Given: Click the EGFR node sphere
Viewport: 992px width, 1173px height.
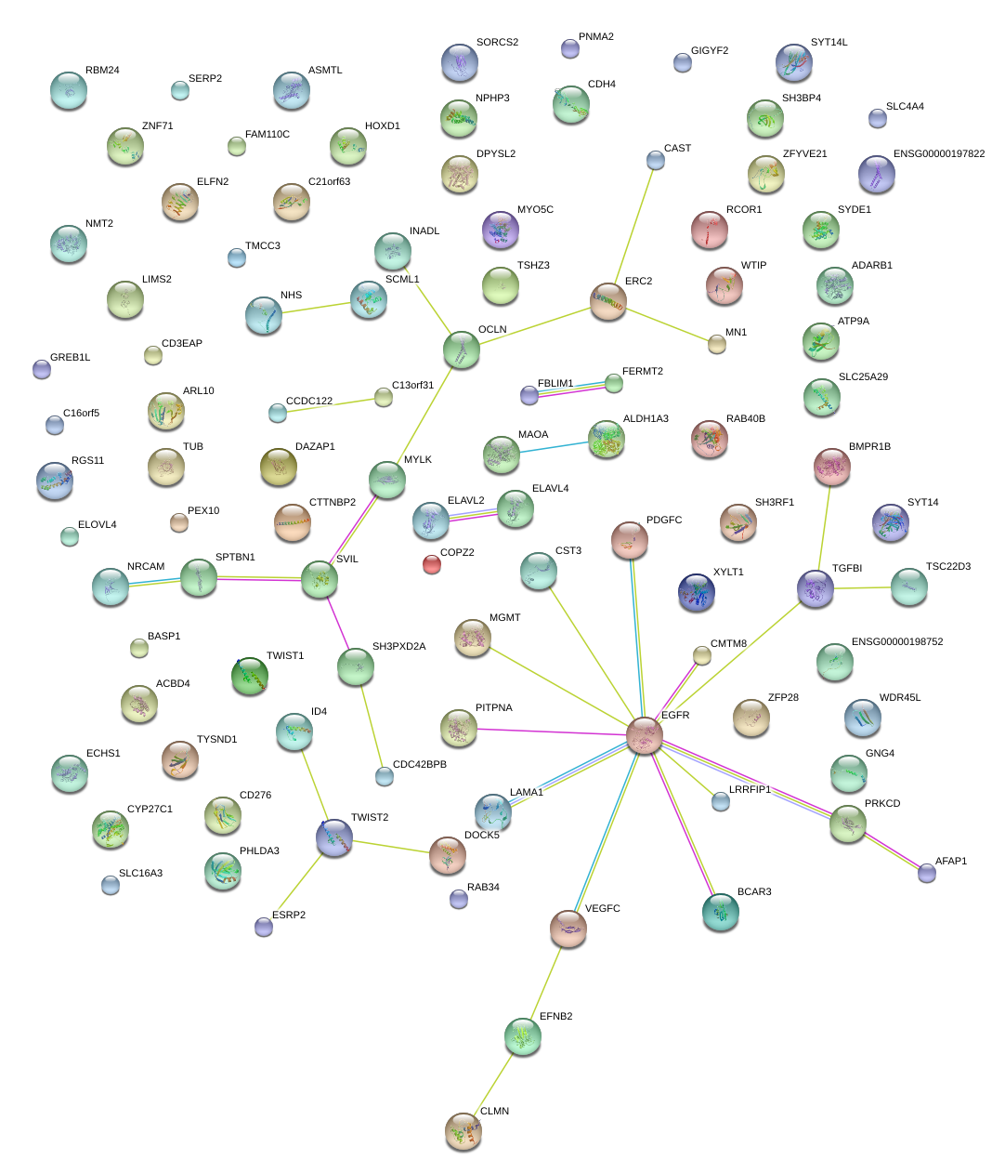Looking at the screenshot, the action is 644,734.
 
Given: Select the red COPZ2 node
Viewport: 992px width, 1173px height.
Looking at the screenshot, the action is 431,563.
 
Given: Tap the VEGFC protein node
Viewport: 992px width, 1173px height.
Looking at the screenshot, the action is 568,927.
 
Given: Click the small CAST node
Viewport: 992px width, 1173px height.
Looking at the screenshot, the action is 656,161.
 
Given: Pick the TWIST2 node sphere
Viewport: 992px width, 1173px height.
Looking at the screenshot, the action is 334,837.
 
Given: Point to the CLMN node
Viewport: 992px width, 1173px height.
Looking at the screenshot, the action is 463,1130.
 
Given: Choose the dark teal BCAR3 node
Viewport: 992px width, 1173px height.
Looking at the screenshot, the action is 721,912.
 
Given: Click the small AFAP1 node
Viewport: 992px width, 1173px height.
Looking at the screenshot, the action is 926,872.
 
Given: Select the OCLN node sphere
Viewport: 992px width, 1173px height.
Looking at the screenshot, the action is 462,349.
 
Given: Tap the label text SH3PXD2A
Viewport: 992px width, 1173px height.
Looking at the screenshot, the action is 398,647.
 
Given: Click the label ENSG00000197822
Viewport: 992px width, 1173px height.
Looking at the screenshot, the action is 938,154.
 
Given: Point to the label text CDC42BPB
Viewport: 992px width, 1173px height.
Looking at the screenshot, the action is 419,765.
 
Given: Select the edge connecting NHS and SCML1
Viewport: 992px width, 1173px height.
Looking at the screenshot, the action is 316,307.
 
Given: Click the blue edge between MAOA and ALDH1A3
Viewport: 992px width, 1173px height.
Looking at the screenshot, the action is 554,446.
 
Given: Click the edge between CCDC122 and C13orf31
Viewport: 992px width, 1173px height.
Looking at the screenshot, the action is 330,405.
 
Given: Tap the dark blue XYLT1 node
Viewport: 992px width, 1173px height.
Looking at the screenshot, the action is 697,592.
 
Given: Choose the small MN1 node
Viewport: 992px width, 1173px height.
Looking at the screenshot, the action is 716,344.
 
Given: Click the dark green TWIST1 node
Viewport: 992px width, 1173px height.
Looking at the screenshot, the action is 250,676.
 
